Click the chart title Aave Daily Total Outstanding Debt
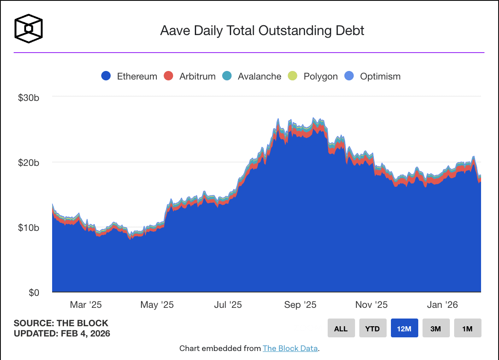262,31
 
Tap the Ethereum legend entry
129,77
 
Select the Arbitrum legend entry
190,77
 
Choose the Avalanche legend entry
252,77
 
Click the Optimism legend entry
373,77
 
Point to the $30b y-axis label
29,97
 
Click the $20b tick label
29,162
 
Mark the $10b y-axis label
29,227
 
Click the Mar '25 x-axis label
86,305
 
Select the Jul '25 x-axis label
228,305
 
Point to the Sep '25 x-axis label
300,305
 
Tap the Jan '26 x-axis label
442,305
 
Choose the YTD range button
373,328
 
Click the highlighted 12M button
404,328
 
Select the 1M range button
467,328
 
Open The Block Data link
290,348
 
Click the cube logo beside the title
29,29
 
